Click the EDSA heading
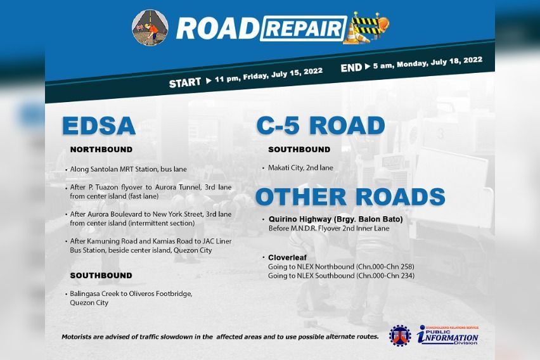(98, 125)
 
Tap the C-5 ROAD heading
(320, 125)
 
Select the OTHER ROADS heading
(350, 196)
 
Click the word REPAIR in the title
(303, 29)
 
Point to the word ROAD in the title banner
(216, 29)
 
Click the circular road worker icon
(150, 27)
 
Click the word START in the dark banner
(184, 83)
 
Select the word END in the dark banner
(350, 68)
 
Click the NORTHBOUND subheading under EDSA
(101, 150)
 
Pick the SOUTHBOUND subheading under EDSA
(101, 276)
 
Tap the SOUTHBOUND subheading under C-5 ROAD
(299, 150)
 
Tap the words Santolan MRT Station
(120, 170)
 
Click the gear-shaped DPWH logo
(399, 335)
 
